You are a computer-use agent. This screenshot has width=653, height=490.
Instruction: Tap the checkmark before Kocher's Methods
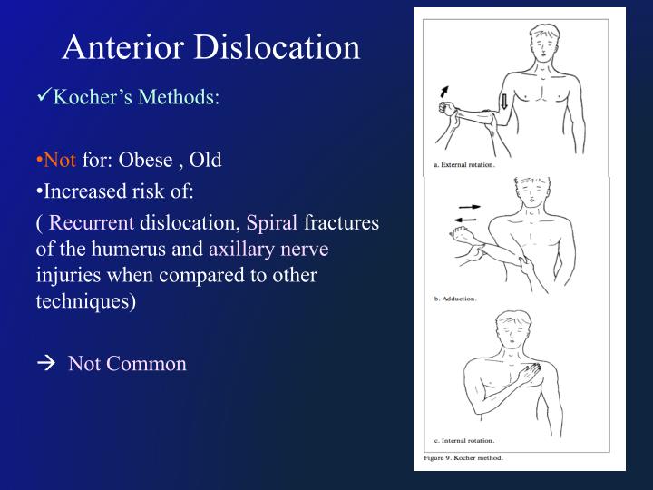[46, 96]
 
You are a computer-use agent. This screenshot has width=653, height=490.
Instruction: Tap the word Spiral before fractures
[272, 223]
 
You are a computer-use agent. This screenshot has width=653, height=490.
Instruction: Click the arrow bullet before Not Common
[48, 365]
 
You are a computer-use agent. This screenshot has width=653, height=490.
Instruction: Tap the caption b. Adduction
[452, 297]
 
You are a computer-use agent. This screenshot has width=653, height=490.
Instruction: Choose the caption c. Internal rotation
[460, 440]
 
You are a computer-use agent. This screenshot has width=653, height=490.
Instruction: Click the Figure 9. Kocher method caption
[463, 457]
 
